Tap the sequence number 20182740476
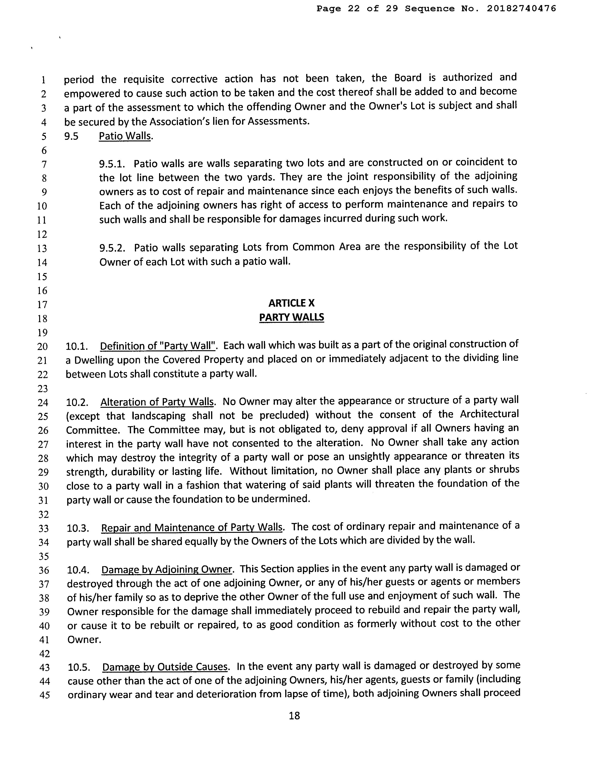[x=521, y=9]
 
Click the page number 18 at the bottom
[x=294, y=715]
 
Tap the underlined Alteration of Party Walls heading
[x=157, y=402]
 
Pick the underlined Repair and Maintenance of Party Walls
[x=192, y=528]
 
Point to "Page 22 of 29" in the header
[x=357, y=9]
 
